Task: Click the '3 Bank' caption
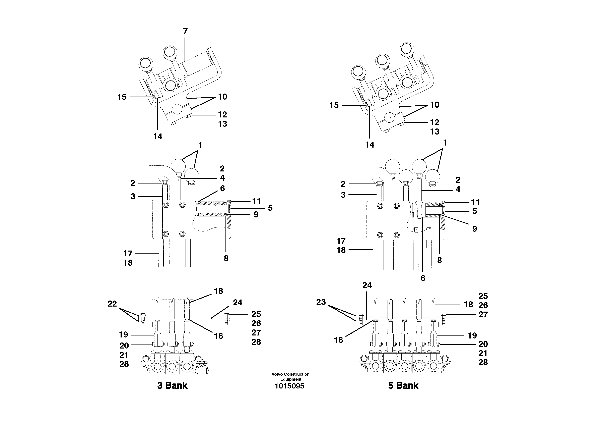click(x=172, y=385)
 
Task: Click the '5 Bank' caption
click(x=403, y=385)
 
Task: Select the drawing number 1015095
click(x=289, y=386)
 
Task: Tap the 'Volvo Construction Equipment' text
click(x=290, y=376)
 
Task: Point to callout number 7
click(x=185, y=32)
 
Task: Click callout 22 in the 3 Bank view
click(x=112, y=304)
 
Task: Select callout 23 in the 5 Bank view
click(x=321, y=302)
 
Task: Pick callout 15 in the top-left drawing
click(x=122, y=97)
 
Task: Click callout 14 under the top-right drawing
click(x=370, y=145)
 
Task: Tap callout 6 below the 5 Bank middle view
click(x=423, y=278)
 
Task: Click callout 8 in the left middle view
click(x=226, y=258)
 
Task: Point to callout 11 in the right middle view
click(x=475, y=202)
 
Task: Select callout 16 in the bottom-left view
click(x=218, y=336)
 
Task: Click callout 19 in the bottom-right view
click(x=472, y=336)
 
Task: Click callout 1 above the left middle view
click(x=200, y=145)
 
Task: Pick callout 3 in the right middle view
click(x=343, y=195)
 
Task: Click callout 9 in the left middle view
click(x=256, y=215)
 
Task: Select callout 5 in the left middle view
click(x=270, y=208)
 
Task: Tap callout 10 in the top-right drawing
click(x=435, y=105)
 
